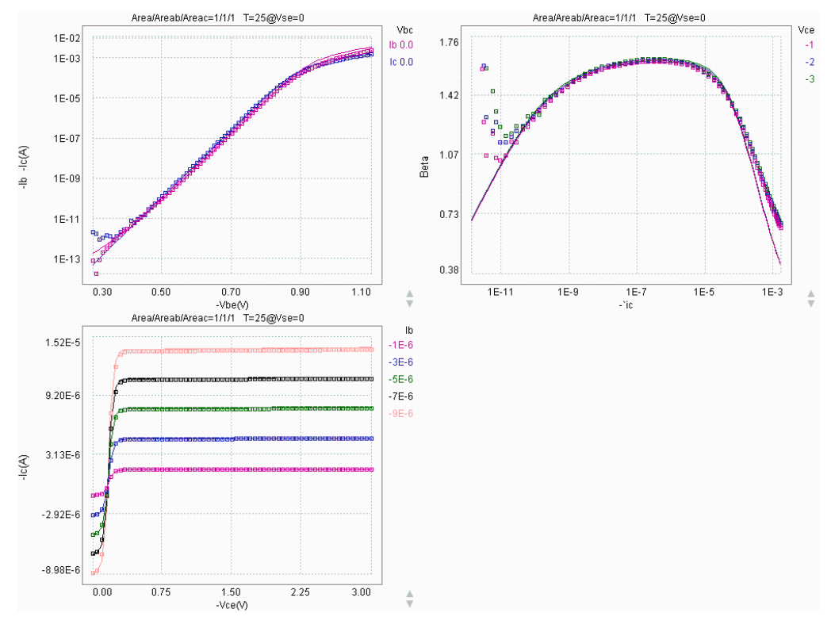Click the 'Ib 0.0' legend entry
pos(400,44)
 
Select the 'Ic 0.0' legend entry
pos(400,62)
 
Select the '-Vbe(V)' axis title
pos(232,304)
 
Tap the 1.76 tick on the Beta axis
pos(450,42)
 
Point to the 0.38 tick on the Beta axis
pos(450,270)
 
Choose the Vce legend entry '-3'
pos(810,78)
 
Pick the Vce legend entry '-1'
pos(810,44)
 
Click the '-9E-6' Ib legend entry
pos(400,414)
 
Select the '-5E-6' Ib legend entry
pos(400,379)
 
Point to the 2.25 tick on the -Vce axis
pos(300,592)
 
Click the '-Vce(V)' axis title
pos(232,604)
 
